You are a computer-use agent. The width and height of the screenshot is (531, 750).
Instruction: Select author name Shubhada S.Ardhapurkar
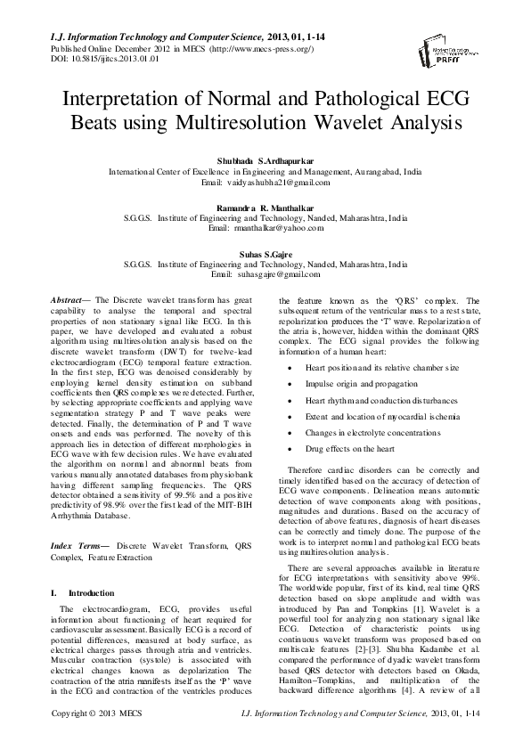[x=265, y=159]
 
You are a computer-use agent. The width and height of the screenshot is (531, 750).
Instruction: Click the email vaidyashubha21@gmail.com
[x=265, y=182]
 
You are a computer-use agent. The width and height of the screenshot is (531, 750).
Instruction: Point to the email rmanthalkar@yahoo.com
[x=265, y=228]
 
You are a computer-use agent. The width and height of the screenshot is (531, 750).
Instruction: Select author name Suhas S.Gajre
[x=265, y=253]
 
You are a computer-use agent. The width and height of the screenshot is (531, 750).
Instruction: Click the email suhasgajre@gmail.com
[x=265, y=274]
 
